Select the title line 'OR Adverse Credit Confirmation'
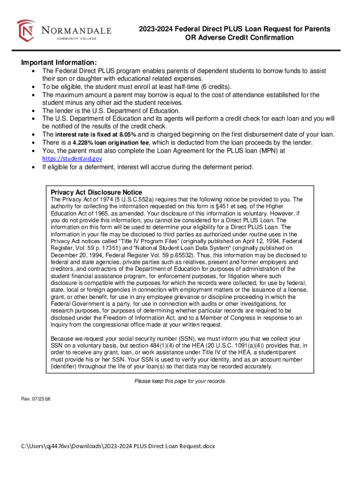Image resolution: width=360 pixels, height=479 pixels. point(238,37)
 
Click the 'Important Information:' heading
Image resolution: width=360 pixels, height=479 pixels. point(59,63)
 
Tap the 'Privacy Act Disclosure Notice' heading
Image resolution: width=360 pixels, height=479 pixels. point(96,192)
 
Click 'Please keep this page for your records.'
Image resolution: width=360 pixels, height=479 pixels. point(180,381)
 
